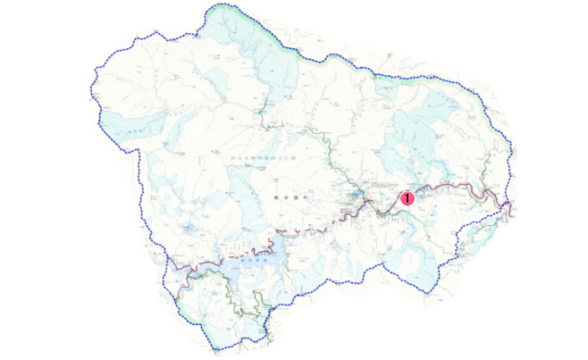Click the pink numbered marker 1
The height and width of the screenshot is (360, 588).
pos(407,198)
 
